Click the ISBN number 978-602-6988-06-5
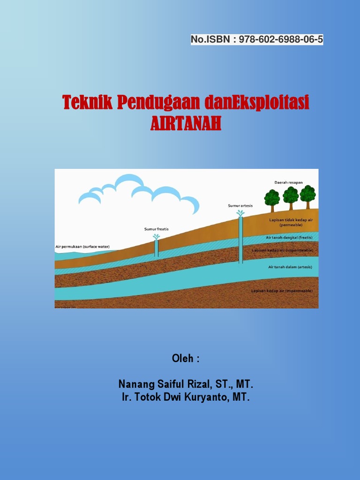point(281,39)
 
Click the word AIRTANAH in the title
point(186,124)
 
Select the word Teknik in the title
point(88,102)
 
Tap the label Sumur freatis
point(156,229)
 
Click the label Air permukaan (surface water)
point(82,247)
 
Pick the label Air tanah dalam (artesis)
point(290,267)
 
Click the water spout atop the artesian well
point(240,213)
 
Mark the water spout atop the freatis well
point(157,237)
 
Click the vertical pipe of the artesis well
point(240,239)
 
